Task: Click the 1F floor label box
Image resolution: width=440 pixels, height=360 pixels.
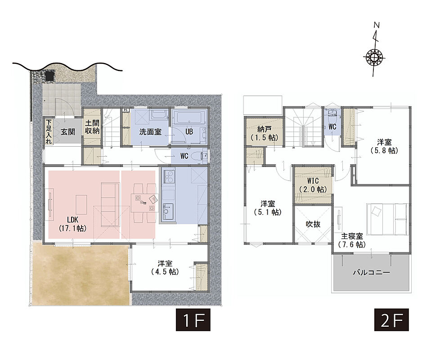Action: pyautogui.click(x=193, y=320)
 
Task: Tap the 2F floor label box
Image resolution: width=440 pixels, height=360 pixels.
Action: pyautogui.click(x=391, y=320)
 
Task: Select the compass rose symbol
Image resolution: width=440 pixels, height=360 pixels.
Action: pyautogui.click(x=374, y=57)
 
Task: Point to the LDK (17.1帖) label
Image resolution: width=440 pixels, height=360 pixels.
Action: pyautogui.click(x=73, y=224)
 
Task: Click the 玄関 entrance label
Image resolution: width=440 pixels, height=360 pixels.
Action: pyautogui.click(x=68, y=131)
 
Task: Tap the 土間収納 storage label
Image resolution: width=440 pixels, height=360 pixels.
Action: pyautogui.click(x=92, y=127)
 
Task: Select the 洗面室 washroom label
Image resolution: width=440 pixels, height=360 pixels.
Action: pyautogui.click(x=150, y=131)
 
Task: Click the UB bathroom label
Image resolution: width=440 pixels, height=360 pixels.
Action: pyautogui.click(x=189, y=131)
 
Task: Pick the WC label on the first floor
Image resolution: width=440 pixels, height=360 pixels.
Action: pyautogui.click(x=184, y=156)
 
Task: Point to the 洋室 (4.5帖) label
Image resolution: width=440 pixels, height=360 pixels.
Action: pyautogui.click(x=165, y=268)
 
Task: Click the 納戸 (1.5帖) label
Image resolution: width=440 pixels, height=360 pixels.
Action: pyautogui.click(x=264, y=134)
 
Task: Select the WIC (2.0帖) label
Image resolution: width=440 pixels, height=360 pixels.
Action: pyautogui.click(x=313, y=185)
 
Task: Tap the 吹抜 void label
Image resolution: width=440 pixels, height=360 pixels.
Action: pyautogui.click(x=313, y=224)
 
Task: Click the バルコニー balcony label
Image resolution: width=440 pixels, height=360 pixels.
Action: pyautogui.click(x=371, y=272)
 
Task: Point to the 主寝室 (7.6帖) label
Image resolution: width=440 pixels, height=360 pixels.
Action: pyautogui.click(x=352, y=240)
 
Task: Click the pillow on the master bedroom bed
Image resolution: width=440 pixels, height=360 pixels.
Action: pyautogui.click(x=376, y=211)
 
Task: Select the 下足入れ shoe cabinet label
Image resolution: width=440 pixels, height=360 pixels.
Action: pyautogui.click(x=49, y=131)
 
